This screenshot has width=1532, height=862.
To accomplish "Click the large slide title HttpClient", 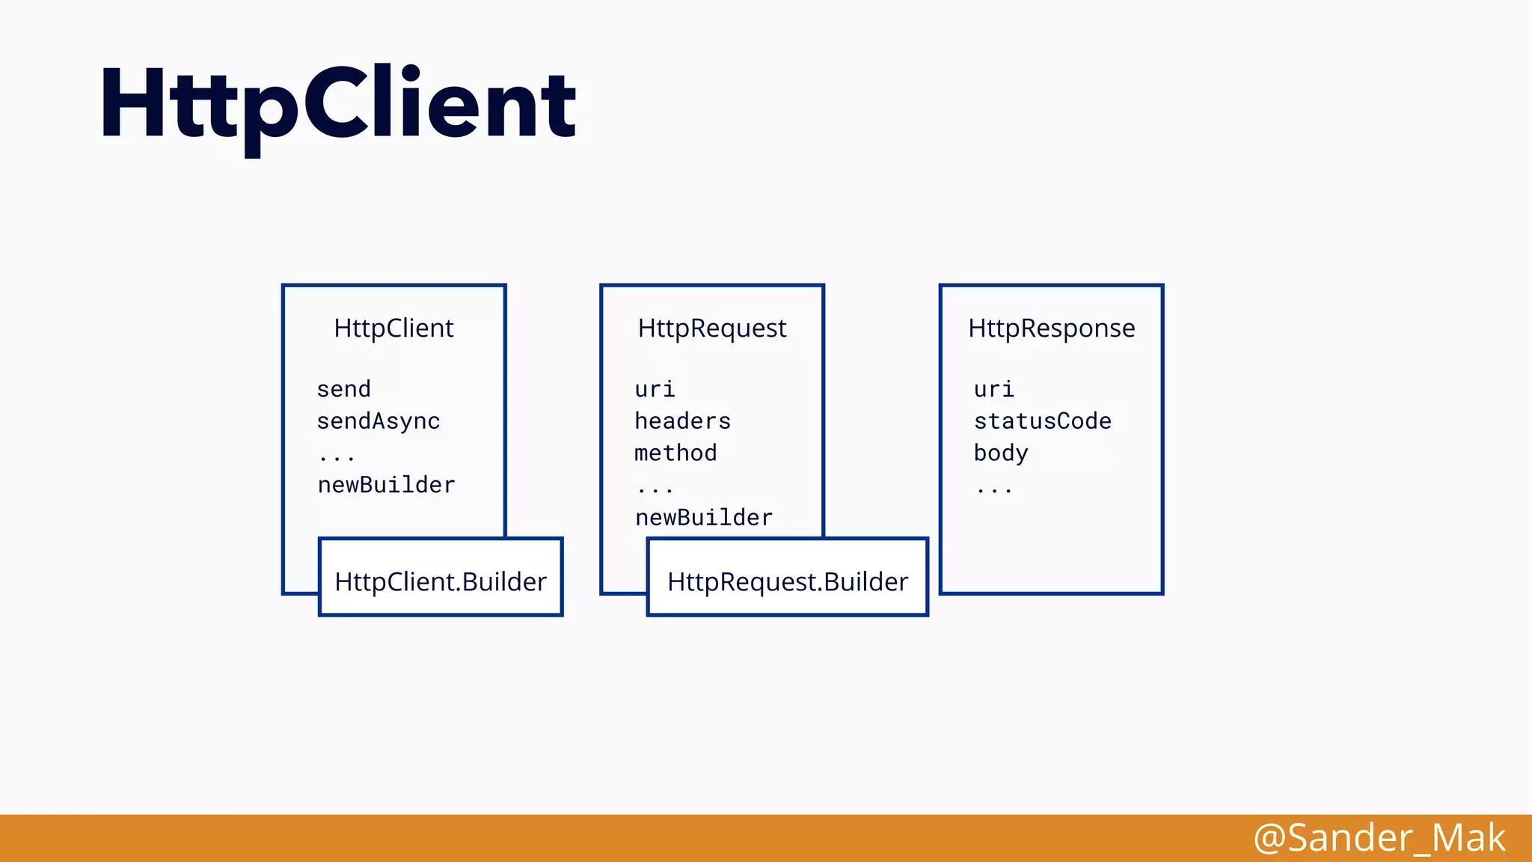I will (x=338, y=105).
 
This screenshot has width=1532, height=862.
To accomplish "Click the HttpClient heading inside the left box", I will (x=393, y=328).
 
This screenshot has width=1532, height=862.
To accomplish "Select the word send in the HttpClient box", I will (x=343, y=389).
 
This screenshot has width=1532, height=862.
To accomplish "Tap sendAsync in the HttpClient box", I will (x=378, y=421).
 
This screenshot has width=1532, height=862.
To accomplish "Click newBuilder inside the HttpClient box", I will (x=386, y=485).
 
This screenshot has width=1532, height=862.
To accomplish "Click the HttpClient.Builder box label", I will (x=441, y=582).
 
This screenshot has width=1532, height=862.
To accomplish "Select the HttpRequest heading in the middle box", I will (x=711, y=328).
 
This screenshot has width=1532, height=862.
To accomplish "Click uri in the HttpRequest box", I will (x=655, y=389).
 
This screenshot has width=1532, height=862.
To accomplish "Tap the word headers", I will (x=682, y=421).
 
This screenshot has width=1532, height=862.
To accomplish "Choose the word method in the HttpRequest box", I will (x=675, y=453).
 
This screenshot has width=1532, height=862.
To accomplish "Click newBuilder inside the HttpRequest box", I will (x=703, y=517).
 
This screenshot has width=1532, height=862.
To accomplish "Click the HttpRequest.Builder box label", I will (x=788, y=582).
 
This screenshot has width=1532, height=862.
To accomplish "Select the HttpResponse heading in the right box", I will (x=1051, y=328).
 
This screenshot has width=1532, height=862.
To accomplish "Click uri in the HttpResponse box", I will (x=993, y=389).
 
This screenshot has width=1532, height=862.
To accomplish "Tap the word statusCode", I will (x=1042, y=421).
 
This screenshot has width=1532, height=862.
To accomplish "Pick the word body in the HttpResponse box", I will (x=1001, y=453).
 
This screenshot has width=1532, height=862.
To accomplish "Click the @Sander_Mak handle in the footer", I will (x=1379, y=838).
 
